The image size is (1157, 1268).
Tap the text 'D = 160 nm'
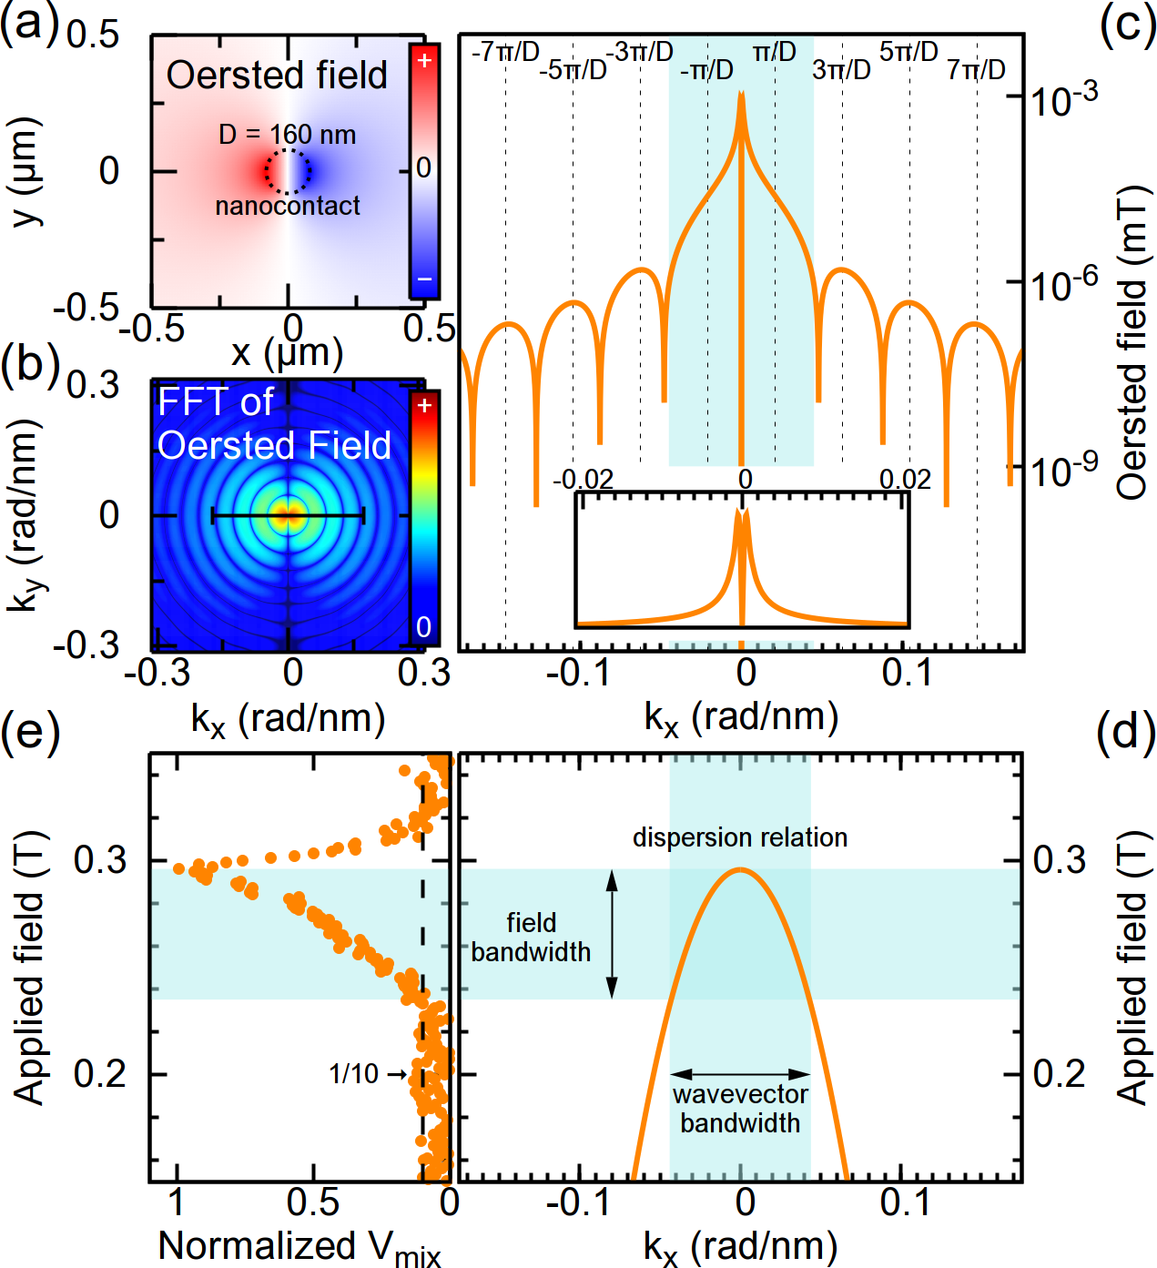point(287,135)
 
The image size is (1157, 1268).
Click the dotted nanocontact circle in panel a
point(289,149)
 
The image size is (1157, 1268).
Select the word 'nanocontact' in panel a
point(288,207)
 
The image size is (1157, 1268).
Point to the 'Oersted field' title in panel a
point(277,76)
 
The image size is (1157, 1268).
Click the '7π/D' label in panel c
point(976,69)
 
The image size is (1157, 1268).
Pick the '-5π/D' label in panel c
point(573,69)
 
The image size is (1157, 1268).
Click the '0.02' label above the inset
point(905,480)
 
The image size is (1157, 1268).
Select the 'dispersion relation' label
point(740,837)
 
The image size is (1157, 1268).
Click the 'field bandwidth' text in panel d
point(531,937)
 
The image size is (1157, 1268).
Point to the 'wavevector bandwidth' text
point(740,1109)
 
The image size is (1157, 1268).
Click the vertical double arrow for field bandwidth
point(612,934)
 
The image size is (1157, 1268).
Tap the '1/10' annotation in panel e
point(353,1074)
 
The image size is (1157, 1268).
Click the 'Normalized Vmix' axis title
point(299,1245)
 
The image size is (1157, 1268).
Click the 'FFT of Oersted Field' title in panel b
point(273,423)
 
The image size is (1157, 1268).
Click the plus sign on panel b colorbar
point(424,405)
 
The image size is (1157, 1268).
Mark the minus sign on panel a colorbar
point(424,279)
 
